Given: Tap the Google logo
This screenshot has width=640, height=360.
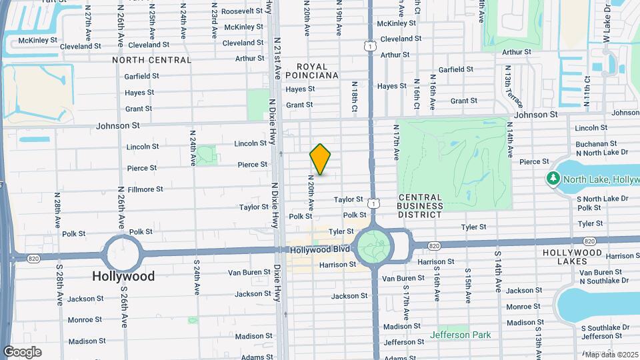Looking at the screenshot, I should pos(23,351).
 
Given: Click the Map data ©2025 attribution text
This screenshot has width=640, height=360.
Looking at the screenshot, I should pos(610,354).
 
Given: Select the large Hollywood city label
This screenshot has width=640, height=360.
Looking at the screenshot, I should pos(123,276).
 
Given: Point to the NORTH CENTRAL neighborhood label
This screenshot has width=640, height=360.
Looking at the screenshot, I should pos(152,60).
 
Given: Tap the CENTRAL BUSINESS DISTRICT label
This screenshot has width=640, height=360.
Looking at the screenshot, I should pos(421,206).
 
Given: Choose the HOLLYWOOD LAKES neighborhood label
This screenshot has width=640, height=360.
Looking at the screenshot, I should pos(573,253).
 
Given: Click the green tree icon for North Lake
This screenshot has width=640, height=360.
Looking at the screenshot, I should pos(553,179).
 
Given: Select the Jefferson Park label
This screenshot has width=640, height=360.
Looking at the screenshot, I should pos(460,335).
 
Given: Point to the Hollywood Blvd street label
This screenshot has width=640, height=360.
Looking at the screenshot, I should pos(319,249).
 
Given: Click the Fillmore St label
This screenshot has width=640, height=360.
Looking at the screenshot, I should pos(145,189).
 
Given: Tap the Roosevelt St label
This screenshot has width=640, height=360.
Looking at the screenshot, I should pos(242,11).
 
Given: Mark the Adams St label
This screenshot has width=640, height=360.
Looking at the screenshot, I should pos(256,357).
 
